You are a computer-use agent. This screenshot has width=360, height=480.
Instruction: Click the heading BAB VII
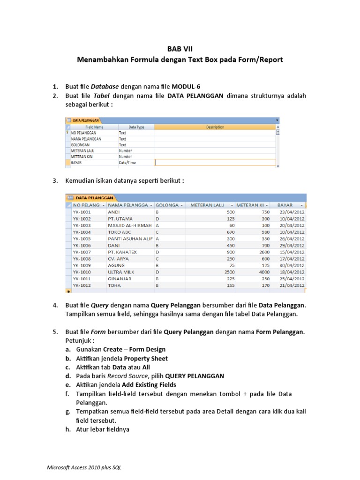tap(180, 49)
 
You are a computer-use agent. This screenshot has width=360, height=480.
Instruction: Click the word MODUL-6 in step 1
tap(186, 87)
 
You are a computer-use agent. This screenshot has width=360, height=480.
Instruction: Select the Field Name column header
tap(94, 127)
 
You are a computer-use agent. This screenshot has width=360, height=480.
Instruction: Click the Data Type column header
tap(136, 127)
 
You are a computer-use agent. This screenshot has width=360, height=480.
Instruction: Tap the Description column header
tap(215, 127)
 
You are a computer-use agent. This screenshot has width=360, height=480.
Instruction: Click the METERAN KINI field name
tap(82, 157)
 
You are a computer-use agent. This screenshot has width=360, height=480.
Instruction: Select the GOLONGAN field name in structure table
tap(80, 145)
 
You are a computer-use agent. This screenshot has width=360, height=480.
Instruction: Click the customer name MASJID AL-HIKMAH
tap(129, 225)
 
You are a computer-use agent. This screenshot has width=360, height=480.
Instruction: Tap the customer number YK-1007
tap(82, 252)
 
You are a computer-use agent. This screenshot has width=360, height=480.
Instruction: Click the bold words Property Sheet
tap(146, 359)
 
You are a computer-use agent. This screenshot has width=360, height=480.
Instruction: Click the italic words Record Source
tap(127, 376)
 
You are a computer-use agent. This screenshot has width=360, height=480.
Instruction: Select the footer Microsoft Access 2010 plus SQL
tap(85, 468)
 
